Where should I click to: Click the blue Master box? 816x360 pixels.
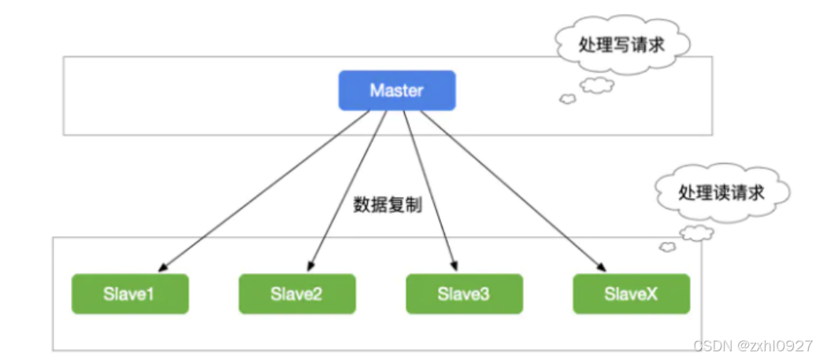tap(397, 90)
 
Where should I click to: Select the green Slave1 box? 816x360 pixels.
tap(130, 294)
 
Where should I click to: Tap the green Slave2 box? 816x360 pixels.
tap(297, 294)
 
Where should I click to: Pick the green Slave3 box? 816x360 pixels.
tap(464, 294)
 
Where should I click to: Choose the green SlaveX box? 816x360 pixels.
tap(631, 294)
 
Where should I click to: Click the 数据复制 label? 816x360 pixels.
tap(388, 206)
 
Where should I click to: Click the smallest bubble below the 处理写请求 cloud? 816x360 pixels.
tap(566, 98)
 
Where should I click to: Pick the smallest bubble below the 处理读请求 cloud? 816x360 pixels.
tap(668, 247)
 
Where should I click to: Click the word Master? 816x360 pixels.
tap(397, 90)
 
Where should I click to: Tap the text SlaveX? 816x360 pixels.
tap(631, 294)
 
